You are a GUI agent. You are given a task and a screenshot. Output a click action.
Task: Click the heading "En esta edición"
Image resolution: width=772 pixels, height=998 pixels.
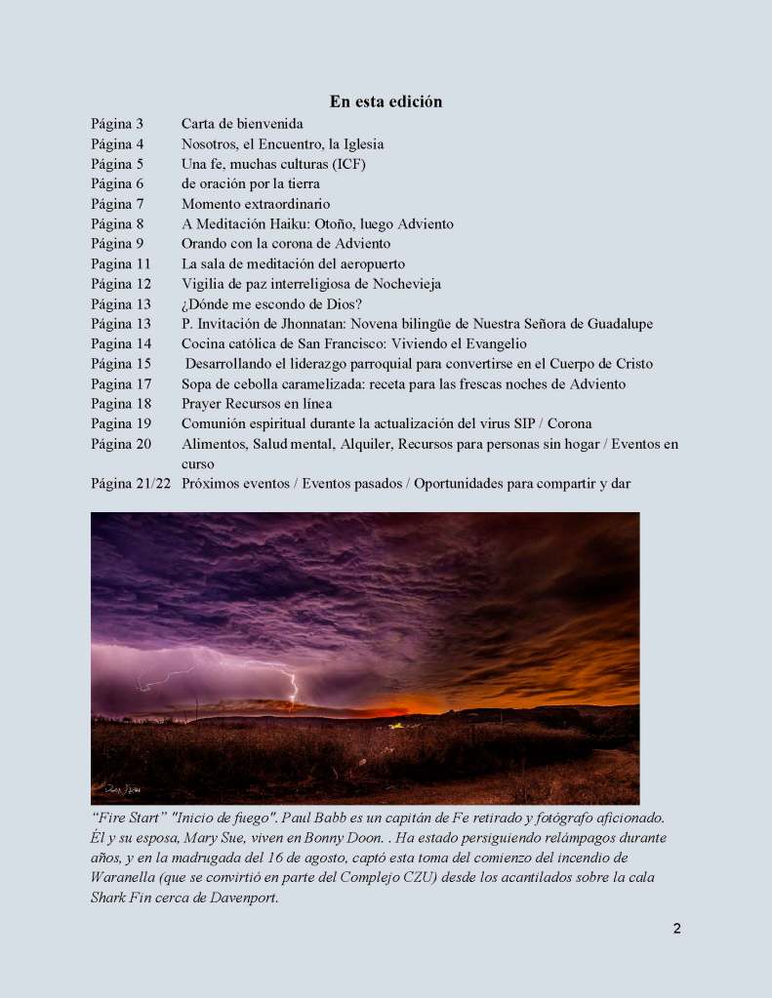coord(386,101)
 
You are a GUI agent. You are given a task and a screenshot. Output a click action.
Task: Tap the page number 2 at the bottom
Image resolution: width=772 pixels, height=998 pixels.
coord(676,928)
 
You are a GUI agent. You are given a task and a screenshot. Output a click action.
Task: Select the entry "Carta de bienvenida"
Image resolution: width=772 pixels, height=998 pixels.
coord(242,124)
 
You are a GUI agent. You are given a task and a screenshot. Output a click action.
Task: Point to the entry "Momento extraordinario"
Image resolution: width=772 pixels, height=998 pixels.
coord(256,204)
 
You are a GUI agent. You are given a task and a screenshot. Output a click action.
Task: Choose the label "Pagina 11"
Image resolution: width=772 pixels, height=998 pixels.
coord(121,263)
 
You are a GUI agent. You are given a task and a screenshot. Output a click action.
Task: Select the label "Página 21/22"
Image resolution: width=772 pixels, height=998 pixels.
coord(131,484)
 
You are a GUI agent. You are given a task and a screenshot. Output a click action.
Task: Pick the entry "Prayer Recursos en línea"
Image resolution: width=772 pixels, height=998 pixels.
coord(257,404)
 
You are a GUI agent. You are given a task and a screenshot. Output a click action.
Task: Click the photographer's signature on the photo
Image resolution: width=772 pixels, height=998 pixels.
coord(123,788)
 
